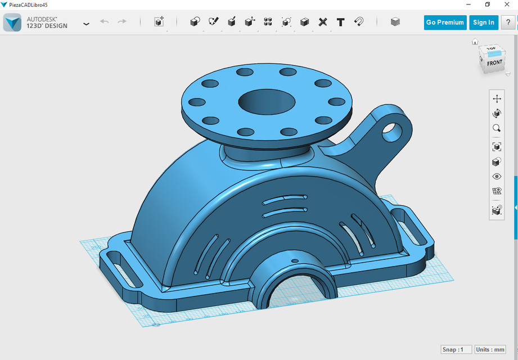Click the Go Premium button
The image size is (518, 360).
tap(445, 22)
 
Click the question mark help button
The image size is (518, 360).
tap(508, 22)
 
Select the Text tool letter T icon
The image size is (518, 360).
tap(341, 22)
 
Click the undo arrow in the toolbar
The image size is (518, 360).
tap(104, 22)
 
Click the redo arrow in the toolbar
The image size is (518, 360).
tap(122, 22)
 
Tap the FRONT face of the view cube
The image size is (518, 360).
tap(494, 63)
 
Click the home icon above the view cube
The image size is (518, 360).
tap(475, 42)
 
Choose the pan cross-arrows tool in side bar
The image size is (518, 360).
tap(497, 98)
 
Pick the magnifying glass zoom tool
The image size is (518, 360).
tap(497, 128)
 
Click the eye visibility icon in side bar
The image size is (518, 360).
tap(497, 177)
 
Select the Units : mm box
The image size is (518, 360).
tap(490, 349)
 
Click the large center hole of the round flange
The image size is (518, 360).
tap(267, 102)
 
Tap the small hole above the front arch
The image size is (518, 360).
tap(294, 262)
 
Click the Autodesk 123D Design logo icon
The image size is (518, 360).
tap(12, 22)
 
